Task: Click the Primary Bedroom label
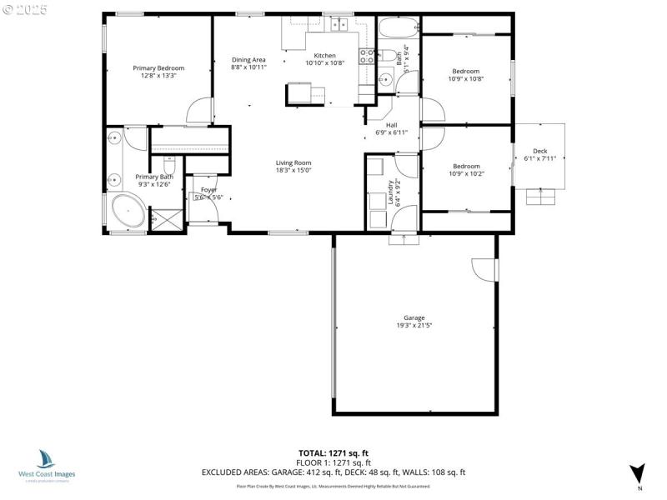click(158, 68)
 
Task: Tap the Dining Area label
click(248, 60)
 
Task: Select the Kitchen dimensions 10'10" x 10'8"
click(325, 63)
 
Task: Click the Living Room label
click(293, 162)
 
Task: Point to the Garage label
click(414, 317)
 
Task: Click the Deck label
click(539, 151)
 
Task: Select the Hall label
click(391, 125)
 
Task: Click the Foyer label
click(208, 190)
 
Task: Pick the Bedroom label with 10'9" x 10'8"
click(466, 72)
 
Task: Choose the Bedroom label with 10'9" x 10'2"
click(466, 166)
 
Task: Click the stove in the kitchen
click(366, 57)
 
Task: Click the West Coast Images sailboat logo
click(47, 458)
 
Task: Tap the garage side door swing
click(484, 270)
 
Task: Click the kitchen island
click(306, 94)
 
